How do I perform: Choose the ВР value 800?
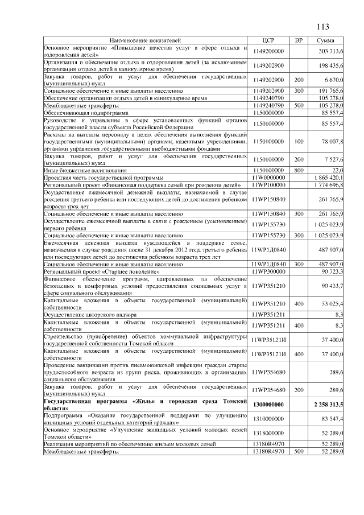point(298,170)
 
